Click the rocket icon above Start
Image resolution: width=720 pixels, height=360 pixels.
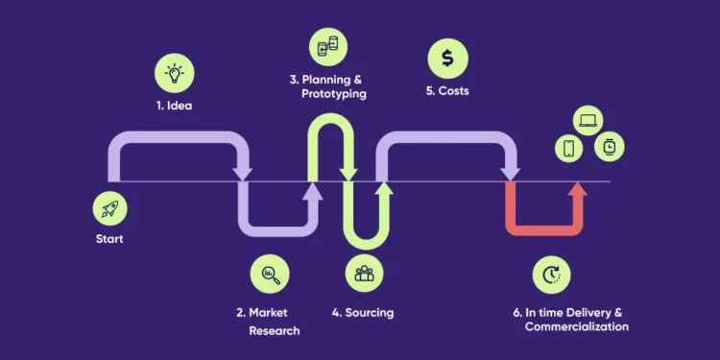108,207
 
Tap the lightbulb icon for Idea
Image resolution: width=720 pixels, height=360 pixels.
175,73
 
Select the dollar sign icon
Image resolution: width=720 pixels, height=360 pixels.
447,60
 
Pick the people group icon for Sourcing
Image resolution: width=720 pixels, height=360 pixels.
365,275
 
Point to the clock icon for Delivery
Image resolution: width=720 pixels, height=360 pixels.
551,275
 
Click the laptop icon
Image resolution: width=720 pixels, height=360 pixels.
588,121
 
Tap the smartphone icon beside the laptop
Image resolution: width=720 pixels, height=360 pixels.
568,148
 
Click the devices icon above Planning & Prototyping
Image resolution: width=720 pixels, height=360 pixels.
328,46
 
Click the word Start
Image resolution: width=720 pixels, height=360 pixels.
109,239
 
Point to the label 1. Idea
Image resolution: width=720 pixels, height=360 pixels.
174,106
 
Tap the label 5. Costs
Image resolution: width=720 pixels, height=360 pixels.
447,92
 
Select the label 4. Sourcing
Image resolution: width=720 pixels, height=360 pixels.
363,313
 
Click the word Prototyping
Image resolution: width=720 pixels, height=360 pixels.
335,94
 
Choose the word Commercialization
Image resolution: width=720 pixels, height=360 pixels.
576,327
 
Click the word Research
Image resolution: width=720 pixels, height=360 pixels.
275,330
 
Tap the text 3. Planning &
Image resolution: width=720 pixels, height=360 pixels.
327,80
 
